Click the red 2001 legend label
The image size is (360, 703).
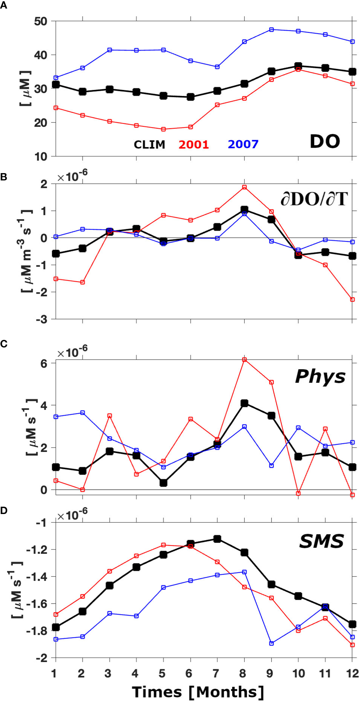(x=194, y=145)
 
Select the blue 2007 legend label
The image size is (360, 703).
(x=243, y=144)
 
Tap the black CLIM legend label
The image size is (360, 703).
(x=150, y=145)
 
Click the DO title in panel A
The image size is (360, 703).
(x=325, y=141)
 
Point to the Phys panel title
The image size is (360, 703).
(x=320, y=377)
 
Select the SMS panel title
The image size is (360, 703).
(x=321, y=542)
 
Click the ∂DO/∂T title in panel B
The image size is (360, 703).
(x=314, y=200)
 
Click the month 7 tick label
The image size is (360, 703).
(x=215, y=674)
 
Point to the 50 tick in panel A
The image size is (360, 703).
(x=41, y=21)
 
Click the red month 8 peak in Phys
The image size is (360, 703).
(x=244, y=360)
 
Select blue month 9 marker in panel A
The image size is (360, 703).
(x=271, y=30)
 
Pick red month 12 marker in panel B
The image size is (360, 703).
(x=352, y=300)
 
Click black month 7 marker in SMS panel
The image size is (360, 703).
(x=217, y=539)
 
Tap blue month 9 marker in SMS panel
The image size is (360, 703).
(x=271, y=643)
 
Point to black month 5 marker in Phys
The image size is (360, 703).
(x=163, y=483)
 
